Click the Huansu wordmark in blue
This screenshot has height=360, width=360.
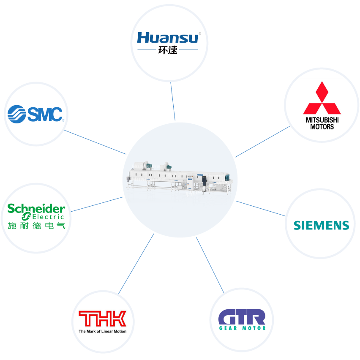(168, 38)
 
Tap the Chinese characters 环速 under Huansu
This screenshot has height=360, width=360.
(168, 50)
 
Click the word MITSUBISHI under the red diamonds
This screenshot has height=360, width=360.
(322, 120)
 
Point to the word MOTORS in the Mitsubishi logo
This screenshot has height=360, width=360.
(322, 127)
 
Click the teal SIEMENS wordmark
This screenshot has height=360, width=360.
(322, 226)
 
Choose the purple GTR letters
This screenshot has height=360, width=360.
(242, 316)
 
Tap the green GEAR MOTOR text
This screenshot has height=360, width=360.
(242, 328)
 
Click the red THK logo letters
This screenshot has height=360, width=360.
(102, 319)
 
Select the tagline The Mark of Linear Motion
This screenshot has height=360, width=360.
(102, 331)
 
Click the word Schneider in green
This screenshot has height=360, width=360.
(36, 208)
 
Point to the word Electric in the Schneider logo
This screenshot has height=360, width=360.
(48, 217)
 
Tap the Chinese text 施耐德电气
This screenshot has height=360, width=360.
(36, 226)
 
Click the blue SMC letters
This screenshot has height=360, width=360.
(45, 114)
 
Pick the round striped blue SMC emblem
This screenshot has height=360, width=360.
(16, 114)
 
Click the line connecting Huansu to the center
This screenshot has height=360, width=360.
(173, 101)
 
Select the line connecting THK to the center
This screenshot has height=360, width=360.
(136, 264)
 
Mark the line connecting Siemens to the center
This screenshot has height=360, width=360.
(261, 208)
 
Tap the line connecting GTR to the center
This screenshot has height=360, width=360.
(210, 265)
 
